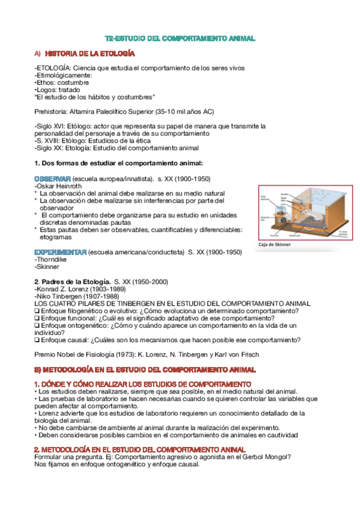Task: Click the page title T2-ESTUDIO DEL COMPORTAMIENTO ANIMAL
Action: (x=180, y=38)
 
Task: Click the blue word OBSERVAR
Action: (x=53, y=179)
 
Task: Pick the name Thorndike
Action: (x=52, y=259)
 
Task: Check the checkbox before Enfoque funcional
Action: (x=37, y=318)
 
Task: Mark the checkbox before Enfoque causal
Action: (x=37, y=340)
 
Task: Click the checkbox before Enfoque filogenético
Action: (x=37, y=311)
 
